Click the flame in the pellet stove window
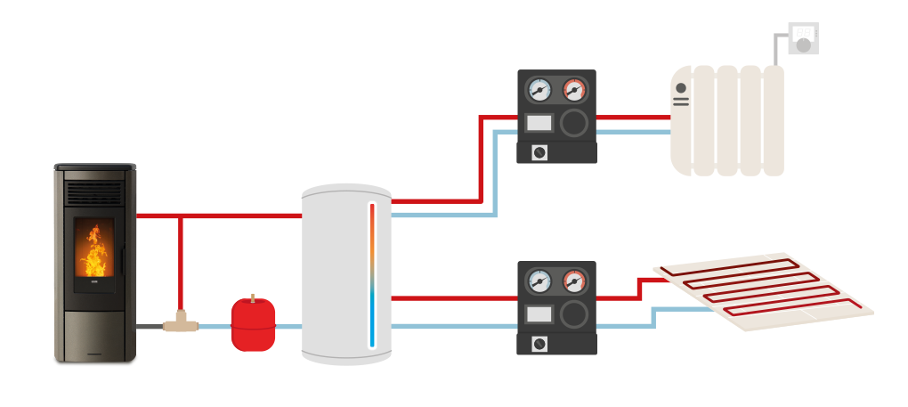(x=93, y=251)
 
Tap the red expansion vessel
(x=253, y=326)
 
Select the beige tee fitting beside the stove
(x=181, y=323)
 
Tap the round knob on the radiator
(x=681, y=88)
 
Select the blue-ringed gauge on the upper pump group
(x=539, y=90)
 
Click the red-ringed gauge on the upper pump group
(x=574, y=90)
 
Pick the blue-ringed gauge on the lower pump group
(x=539, y=281)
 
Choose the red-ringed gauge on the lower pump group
(x=574, y=281)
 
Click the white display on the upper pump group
(x=539, y=123)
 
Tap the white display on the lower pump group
(x=539, y=313)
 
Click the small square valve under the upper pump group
(x=539, y=152)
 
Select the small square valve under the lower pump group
(x=539, y=344)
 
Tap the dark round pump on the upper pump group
(x=574, y=123)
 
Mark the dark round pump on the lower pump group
(x=574, y=313)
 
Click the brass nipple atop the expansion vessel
(x=253, y=297)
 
